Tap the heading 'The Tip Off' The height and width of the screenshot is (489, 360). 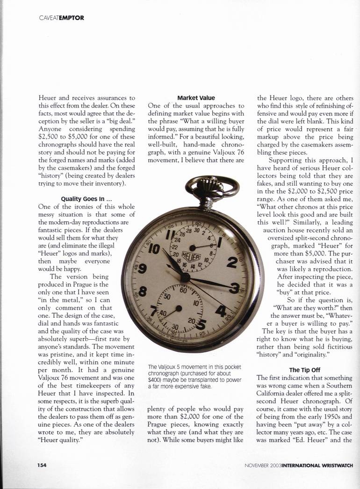pyautogui.click(x=304, y=370)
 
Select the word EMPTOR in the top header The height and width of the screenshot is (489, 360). pyautogui.click(x=72, y=18)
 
